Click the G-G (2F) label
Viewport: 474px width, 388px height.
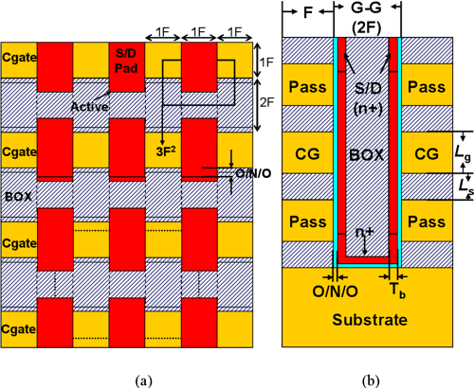(366, 18)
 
